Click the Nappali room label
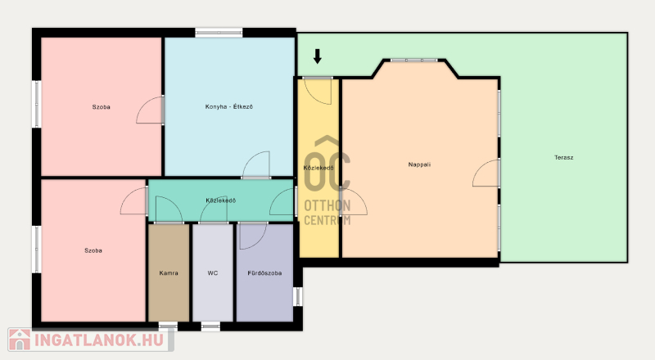coord(419,164)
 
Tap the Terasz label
coord(563,157)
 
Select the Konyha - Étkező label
coord(229,106)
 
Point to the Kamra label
coord(169,273)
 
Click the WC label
coord(213,273)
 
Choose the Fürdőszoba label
coord(264,273)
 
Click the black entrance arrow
coord(318,56)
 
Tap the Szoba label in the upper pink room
coord(101,107)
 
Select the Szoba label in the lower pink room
coord(93,250)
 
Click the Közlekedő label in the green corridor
coord(220,200)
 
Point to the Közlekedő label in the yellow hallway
coord(318,168)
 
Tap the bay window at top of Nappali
coord(414,61)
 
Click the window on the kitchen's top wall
coord(219,32)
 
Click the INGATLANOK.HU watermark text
coord(99,340)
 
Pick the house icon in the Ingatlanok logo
coord(20,340)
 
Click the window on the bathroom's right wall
coord(297,296)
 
